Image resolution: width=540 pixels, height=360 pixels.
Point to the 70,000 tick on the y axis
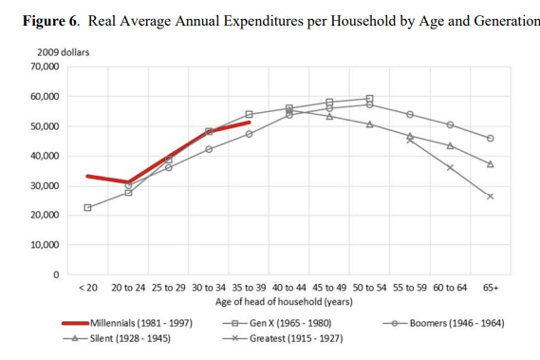44,67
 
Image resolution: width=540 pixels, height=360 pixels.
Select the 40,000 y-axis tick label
44,156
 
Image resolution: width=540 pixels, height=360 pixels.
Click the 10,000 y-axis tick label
44,245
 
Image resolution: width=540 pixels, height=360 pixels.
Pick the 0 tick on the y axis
56,275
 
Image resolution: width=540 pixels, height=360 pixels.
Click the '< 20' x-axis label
87,287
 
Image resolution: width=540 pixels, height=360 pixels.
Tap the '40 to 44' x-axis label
289,287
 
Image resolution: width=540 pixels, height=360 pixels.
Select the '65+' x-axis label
491,287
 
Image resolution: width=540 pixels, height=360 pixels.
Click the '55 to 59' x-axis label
410,287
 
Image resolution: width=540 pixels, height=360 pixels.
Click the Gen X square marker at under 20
87,207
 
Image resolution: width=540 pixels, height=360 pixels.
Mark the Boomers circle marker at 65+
491,139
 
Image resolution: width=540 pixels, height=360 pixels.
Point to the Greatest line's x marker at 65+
491,197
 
